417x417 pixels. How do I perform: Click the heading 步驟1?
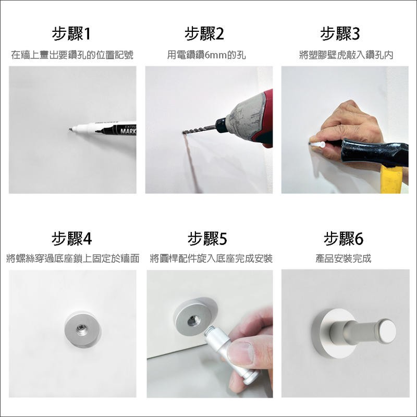click(71, 34)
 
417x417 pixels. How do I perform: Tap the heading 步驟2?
click(204, 34)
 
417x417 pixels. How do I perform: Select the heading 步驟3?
click(340, 34)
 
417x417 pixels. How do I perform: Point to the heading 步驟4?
click(71, 238)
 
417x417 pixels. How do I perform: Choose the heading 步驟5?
click(207, 238)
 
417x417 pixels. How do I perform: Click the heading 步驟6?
click(344, 238)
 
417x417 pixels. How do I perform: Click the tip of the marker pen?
click(70, 129)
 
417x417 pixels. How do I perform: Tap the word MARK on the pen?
click(128, 131)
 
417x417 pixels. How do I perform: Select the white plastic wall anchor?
click(318, 145)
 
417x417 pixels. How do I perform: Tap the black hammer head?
click(374, 152)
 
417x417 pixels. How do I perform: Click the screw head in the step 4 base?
click(82, 329)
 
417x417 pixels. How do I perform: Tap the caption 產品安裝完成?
click(344, 258)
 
